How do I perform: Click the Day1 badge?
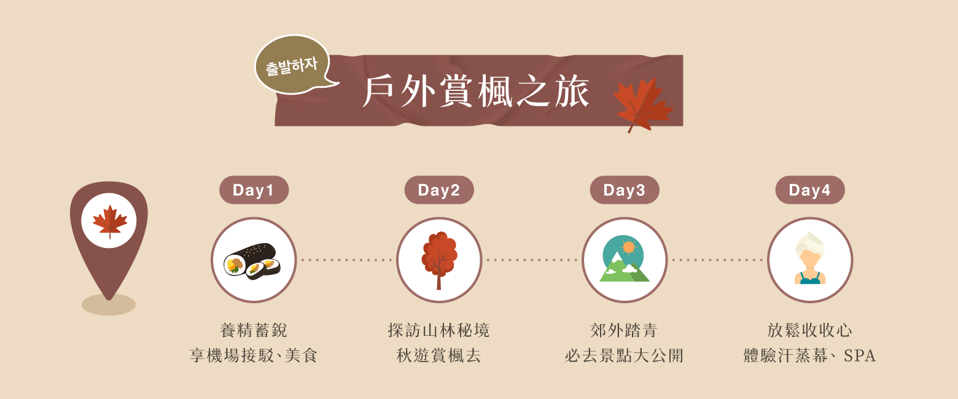[x=254, y=190]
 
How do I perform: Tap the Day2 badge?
[x=439, y=190]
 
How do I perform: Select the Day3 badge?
[x=625, y=190]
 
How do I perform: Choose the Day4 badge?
[x=810, y=190]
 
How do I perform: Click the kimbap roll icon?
[x=253, y=261]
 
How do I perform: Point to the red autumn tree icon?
[x=439, y=260]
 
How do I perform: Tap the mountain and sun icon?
[x=625, y=258]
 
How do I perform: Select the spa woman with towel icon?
[x=810, y=258]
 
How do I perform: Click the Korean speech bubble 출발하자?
[x=293, y=65]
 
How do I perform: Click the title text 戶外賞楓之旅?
[x=476, y=91]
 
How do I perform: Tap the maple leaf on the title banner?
[x=642, y=104]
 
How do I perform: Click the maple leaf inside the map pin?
[x=110, y=221]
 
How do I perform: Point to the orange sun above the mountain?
[x=629, y=247]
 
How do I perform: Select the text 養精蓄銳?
[x=254, y=331]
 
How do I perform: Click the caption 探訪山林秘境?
[x=439, y=331]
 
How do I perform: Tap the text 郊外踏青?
[x=624, y=331]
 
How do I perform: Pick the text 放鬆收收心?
[x=809, y=331]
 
